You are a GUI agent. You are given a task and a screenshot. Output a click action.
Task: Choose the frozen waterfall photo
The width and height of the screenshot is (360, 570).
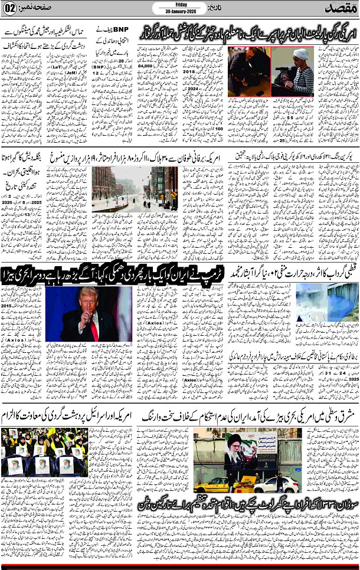pyautogui.click(x=327, y=313)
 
